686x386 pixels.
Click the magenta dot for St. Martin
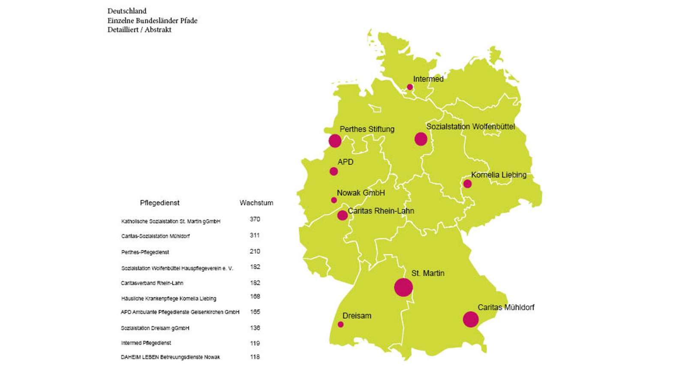[403, 287]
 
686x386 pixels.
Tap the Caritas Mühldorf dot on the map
[471, 319]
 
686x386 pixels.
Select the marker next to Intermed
[410, 87]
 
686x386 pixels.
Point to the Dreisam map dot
[340, 325]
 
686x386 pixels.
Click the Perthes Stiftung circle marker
[335, 141]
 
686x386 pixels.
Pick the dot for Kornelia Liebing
[467, 184]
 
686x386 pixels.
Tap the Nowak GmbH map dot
[334, 200]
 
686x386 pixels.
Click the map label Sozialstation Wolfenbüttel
[470, 127]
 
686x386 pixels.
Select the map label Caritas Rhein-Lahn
[381, 211]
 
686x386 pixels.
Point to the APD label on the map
[346, 162]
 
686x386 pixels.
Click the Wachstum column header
[256, 203]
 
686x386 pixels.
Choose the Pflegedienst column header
[159, 203]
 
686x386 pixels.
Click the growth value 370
[255, 219]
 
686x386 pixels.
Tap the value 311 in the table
[255, 235]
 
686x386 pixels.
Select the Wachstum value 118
[255, 357]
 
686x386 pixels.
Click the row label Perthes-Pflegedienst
[145, 252]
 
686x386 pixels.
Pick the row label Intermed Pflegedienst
[146, 343]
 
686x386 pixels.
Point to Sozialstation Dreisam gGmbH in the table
[155, 328]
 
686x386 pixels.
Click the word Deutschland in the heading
[127, 11]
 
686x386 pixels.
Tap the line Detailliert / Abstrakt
[139, 30]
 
